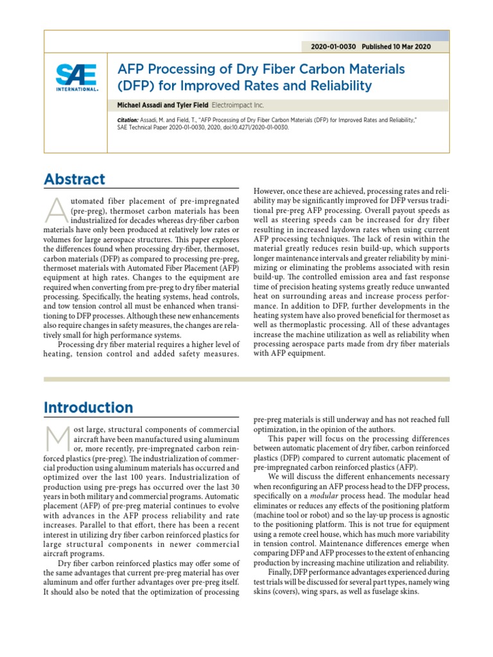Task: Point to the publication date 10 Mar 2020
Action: point(414,47)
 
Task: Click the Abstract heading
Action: point(74,180)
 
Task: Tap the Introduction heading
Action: point(89,407)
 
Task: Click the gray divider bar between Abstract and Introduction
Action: point(246,380)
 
